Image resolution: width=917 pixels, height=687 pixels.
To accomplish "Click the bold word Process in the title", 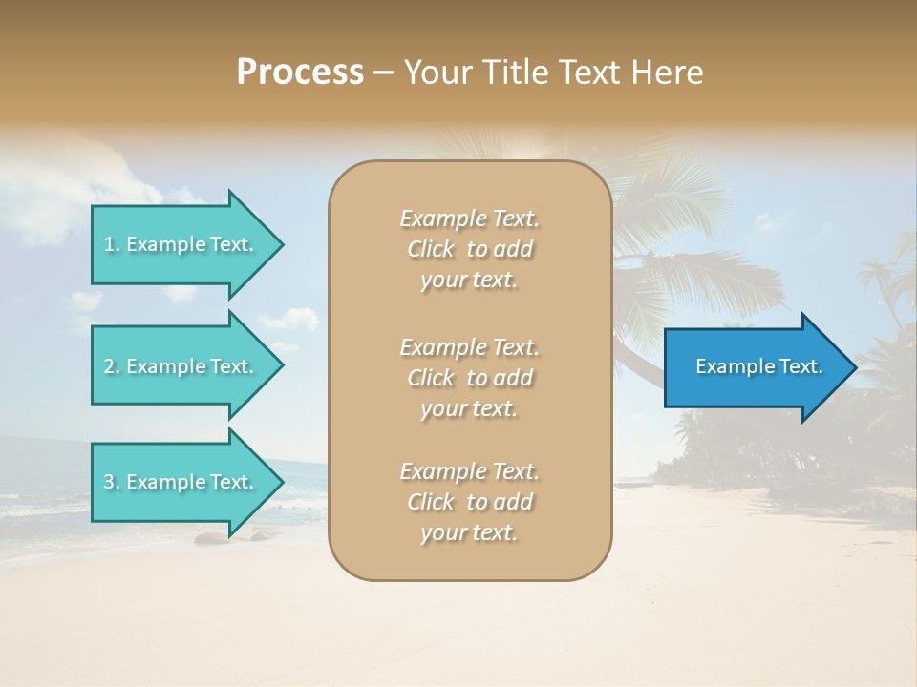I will click(300, 73).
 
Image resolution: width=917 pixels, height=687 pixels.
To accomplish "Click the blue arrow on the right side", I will click(755, 366).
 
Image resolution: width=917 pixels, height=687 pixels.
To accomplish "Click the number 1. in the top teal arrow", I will click(112, 244).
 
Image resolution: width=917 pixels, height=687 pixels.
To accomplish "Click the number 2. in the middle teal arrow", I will click(112, 366).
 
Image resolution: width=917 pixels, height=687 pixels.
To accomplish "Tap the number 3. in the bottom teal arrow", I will click(112, 482).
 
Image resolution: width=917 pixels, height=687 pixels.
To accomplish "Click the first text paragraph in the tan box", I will click(469, 249).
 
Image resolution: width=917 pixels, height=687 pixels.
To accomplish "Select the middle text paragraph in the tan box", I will click(469, 378).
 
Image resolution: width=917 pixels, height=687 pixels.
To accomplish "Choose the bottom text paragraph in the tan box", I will click(469, 502).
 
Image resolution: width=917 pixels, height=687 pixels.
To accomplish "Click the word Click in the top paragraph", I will click(431, 249).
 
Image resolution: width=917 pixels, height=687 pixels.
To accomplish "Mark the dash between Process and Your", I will click(383, 73).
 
